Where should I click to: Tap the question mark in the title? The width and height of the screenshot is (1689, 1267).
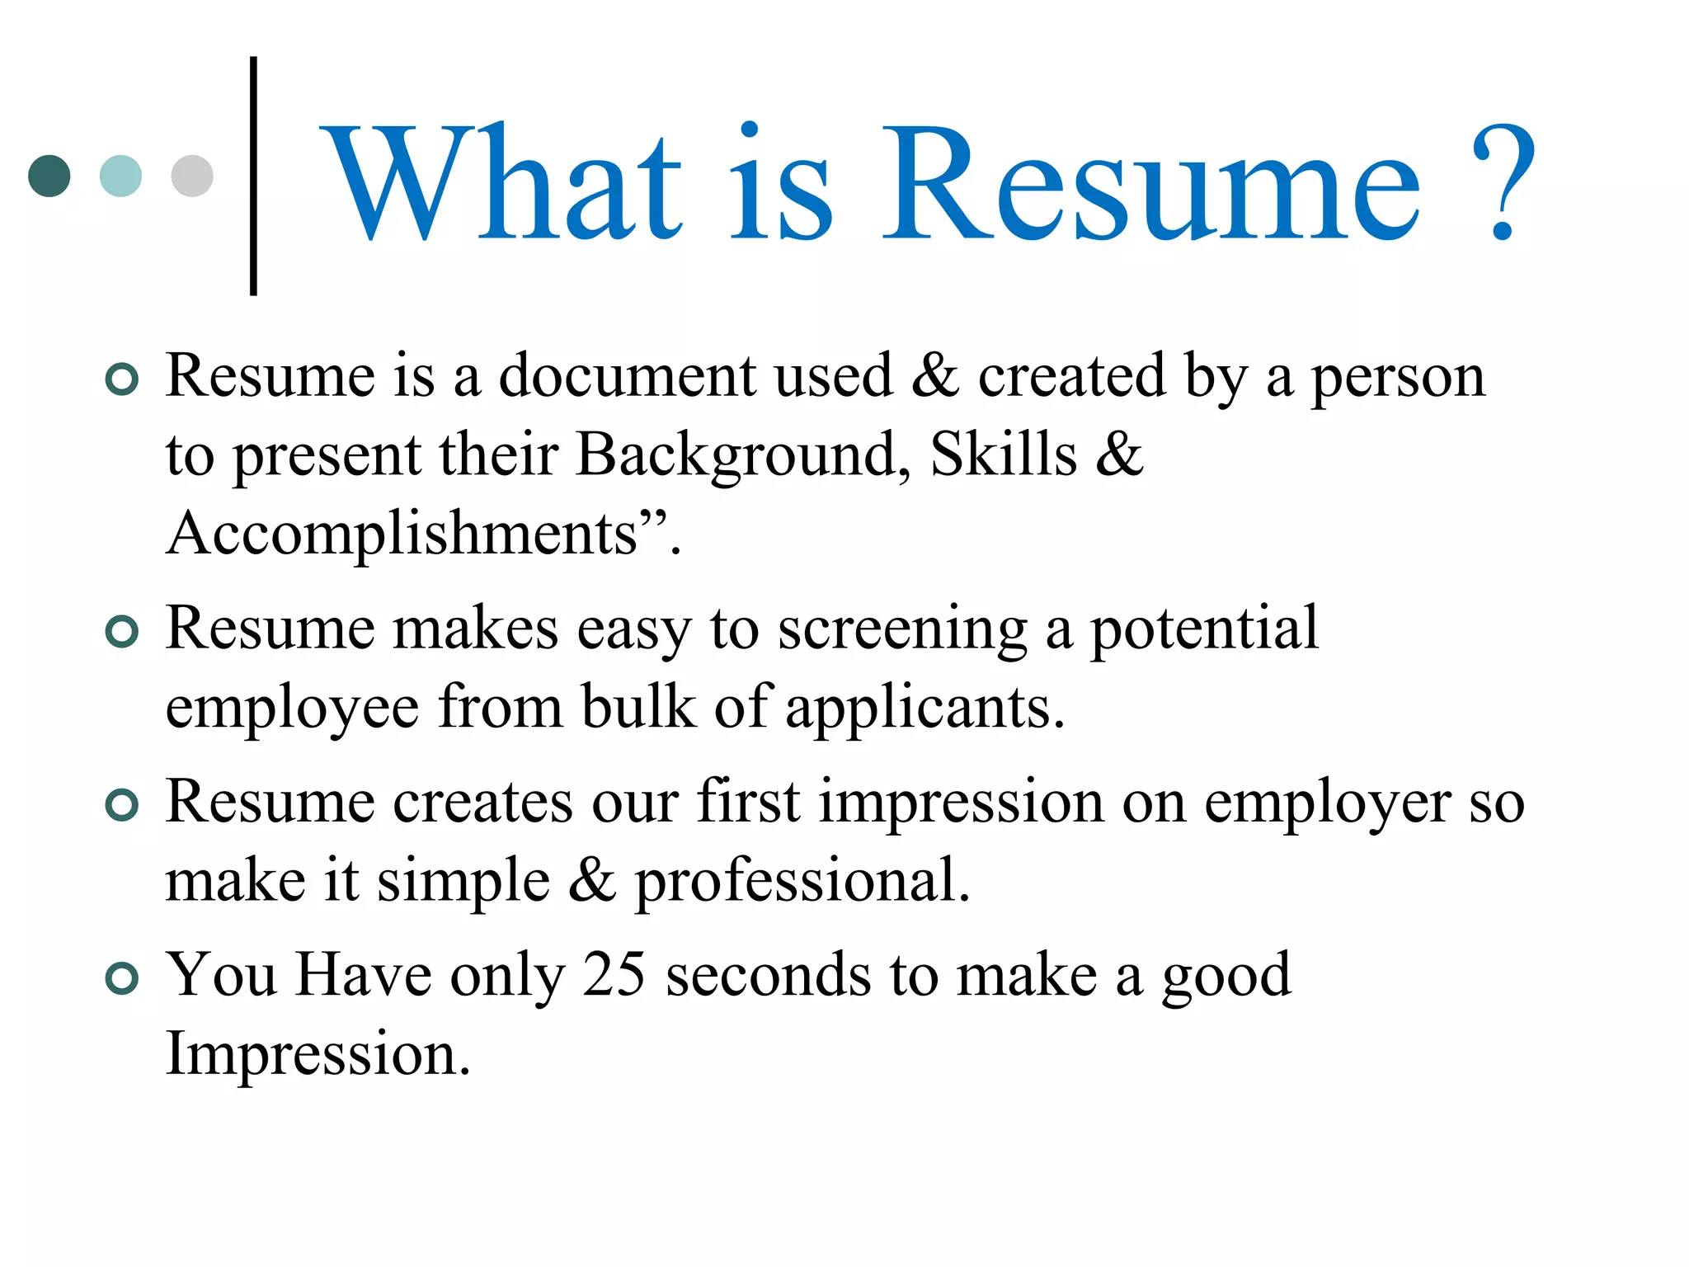1503,183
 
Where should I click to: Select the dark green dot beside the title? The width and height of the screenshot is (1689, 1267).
49,176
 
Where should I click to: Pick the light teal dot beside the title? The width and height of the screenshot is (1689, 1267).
120,176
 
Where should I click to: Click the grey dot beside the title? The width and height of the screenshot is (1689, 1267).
192,176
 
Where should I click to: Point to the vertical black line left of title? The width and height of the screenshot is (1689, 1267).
253,176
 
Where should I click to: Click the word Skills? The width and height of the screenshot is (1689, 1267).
1004,455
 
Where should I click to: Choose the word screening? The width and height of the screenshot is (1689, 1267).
902,630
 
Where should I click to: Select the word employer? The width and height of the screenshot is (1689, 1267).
1328,803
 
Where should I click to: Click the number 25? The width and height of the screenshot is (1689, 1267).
614,975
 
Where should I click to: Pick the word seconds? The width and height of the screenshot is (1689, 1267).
768,975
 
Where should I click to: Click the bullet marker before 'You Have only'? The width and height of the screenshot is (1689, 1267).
122,978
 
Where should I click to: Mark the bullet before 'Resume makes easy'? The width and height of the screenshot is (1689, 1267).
122,632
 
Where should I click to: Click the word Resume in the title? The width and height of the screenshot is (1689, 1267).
1150,183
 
